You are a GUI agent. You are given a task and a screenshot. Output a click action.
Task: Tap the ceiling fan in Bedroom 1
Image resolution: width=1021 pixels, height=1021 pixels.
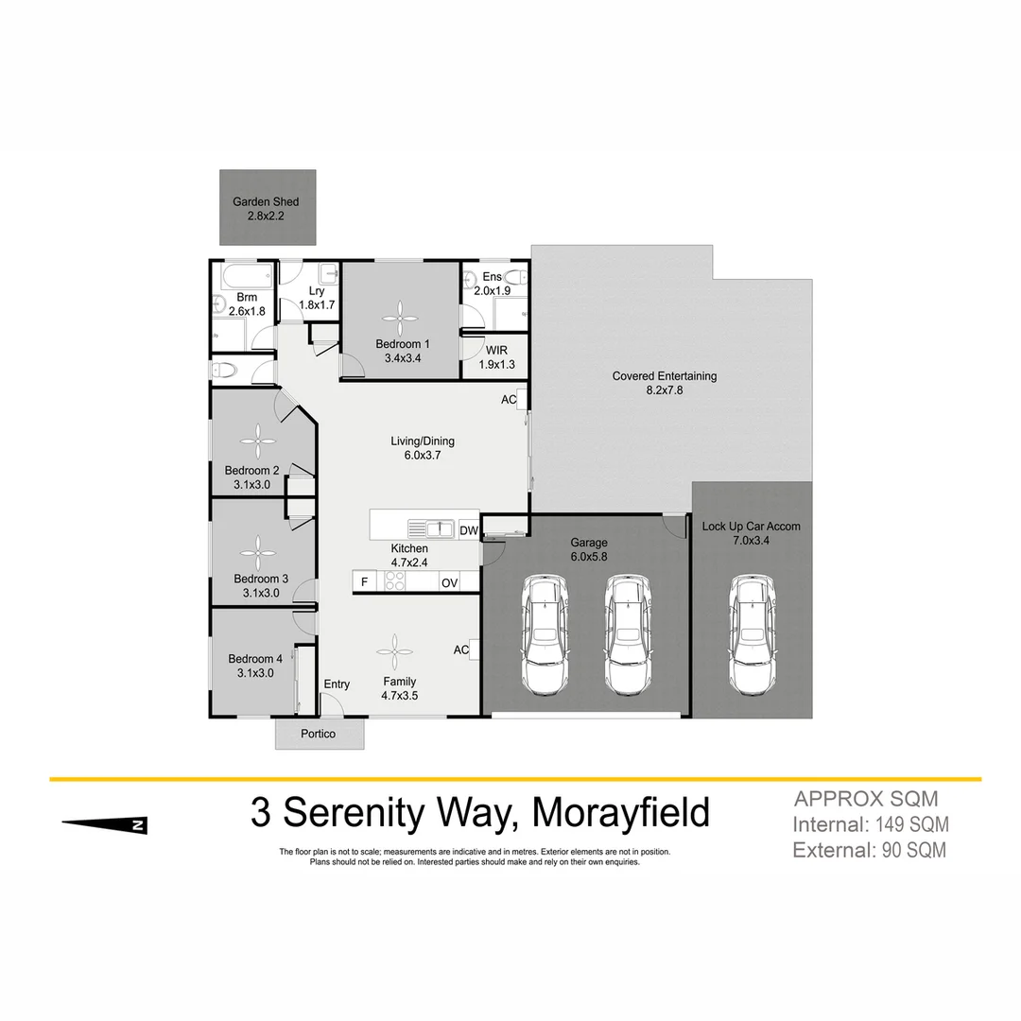coord(399,317)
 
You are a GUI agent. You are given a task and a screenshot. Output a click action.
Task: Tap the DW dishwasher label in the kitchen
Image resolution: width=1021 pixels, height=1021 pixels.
coord(469,531)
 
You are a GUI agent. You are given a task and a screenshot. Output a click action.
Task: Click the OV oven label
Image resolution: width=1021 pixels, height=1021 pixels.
coord(449,583)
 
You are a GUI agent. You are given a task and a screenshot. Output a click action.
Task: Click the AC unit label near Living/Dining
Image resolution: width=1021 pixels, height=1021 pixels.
coord(509,400)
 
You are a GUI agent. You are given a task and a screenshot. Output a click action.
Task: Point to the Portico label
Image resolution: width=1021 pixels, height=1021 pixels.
coord(319,735)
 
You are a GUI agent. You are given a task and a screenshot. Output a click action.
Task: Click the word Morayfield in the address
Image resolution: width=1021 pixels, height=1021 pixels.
coord(620,812)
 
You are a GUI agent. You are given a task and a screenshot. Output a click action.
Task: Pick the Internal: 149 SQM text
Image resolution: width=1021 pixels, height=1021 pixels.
coord(870,824)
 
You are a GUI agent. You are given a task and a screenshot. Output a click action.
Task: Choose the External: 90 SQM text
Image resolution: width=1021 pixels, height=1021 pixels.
coord(869,850)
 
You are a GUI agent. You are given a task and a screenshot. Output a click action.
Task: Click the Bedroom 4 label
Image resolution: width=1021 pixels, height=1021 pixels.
coord(255,660)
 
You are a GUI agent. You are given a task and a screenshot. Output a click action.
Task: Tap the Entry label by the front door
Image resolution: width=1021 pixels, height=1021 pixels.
coord(337,684)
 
